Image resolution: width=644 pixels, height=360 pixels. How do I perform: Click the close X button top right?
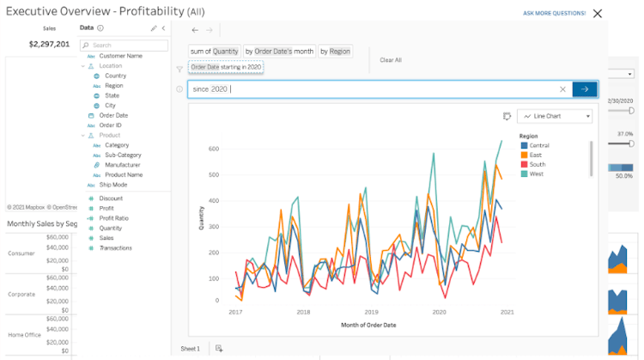click(x=598, y=13)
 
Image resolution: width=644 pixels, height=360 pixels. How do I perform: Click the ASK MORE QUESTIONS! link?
click(x=554, y=14)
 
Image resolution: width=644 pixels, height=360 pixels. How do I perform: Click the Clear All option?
click(x=391, y=60)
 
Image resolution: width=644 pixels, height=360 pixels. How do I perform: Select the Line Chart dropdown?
click(x=556, y=116)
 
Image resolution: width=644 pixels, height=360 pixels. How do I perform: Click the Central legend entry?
click(x=538, y=145)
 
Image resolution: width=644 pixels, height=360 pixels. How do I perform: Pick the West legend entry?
click(x=536, y=174)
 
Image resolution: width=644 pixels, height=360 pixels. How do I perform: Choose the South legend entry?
click(x=537, y=164)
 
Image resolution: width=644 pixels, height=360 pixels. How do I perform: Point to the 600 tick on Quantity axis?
click(x=215, y=149)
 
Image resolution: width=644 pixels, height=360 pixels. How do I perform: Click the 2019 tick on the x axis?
click(x=371, y=312)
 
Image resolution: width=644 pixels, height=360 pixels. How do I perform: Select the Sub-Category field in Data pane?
click(x=122, y=155)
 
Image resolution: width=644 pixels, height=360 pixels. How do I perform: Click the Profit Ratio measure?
click(x=113, y=218)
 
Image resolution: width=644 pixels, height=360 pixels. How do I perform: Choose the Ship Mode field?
click(x=112, y=185)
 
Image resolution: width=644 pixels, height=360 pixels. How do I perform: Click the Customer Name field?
click(x=120, y=55)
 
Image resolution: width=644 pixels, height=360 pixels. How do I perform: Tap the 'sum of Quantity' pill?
click(x=215, y=52)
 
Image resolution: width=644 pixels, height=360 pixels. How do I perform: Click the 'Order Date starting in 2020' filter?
click(x=226, y=67)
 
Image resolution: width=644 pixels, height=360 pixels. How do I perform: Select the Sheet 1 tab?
click(x=190, y=348)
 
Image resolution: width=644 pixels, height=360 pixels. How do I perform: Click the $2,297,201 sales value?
click(x=50, y=43)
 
